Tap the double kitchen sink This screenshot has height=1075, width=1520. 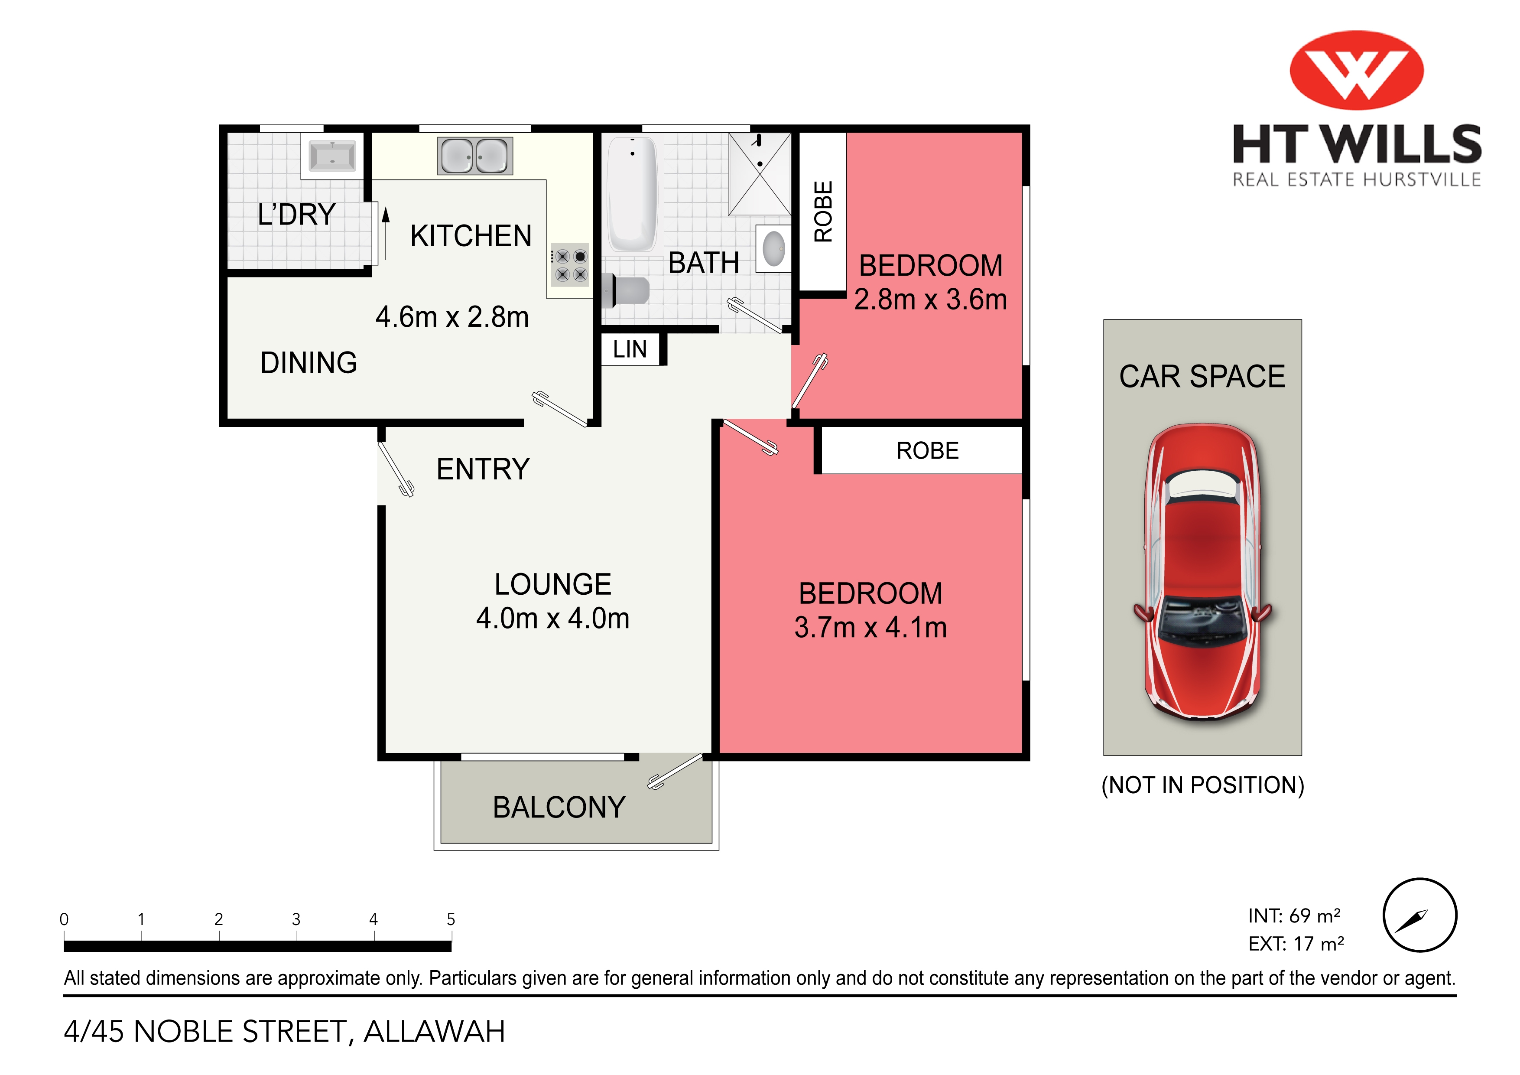tap(474, 156)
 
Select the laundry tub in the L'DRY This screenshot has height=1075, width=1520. tap(332, 156)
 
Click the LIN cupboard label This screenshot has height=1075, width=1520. tap(630, 349)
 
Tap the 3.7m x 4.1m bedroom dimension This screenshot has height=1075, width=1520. tap(870, 627)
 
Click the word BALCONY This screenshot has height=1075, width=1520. tap(559, 808)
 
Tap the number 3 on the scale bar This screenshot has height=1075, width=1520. tap(296, 919)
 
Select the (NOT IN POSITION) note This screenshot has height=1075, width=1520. tap(1202, 785)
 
